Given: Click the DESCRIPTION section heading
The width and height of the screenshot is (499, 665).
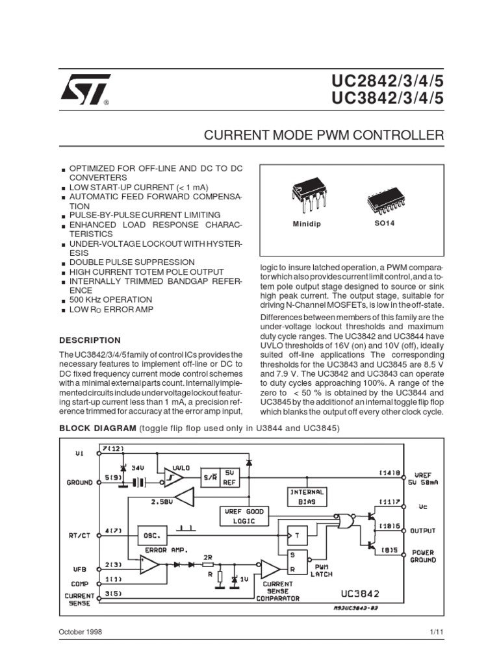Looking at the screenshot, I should click(x=90, y=340).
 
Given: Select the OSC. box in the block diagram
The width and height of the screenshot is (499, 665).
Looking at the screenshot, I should click(x=154, y=536).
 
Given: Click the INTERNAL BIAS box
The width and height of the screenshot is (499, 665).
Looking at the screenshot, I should click(x=306, y=497).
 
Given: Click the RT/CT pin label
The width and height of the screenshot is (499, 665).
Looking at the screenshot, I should click(x=80, y=536).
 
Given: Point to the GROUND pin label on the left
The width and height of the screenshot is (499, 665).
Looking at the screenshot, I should click(x=79, y=483).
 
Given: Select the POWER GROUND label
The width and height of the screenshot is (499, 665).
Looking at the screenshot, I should click(x=423, y=556).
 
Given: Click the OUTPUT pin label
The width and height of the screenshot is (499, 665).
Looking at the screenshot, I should click(x=423, y=530).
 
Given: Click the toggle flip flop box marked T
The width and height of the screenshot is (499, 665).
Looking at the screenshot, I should click(x=298, y=536).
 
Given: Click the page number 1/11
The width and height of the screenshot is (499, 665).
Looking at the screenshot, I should click(x=435, y=631).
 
